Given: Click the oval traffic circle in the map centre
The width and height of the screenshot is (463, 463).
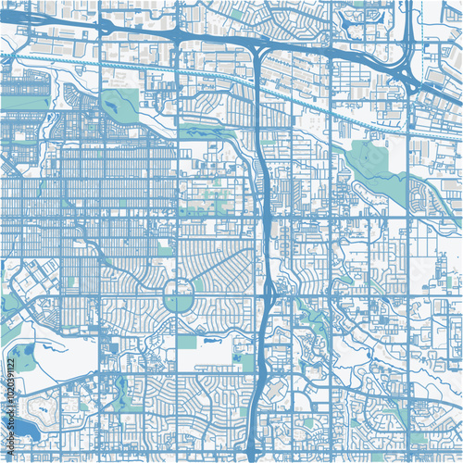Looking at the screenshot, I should [178, 299].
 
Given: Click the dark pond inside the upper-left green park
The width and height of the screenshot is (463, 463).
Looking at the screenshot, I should [119, 109].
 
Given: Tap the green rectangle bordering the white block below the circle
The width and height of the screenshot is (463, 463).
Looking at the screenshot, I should [187, 342].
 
